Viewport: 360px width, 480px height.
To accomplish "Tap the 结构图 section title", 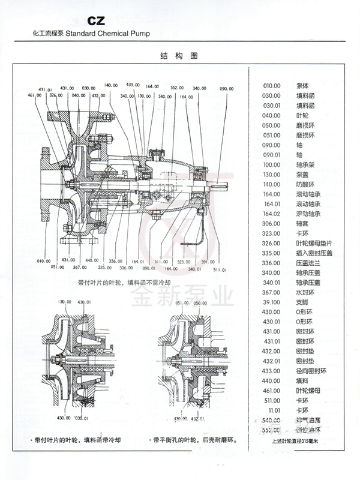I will pos(179,56).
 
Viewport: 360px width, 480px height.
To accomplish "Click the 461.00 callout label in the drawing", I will pos(35,95).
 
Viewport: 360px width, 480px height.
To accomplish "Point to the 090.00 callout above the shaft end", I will pos(227,88).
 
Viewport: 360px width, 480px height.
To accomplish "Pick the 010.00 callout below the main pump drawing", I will pos(43,261).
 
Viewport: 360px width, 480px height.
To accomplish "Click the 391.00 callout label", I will pos(208,261).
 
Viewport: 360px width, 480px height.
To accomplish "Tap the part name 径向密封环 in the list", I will pos(309,370).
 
